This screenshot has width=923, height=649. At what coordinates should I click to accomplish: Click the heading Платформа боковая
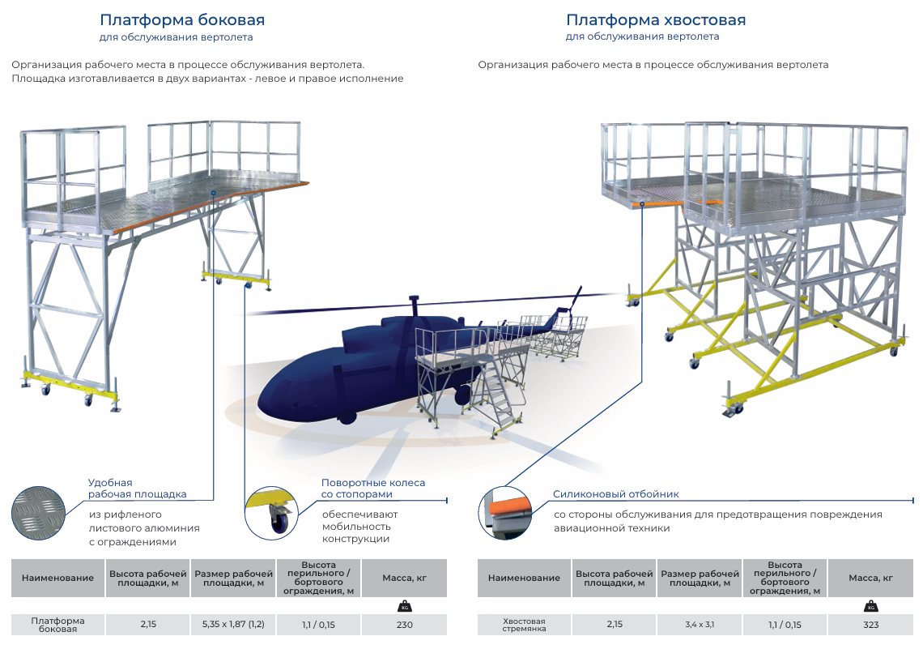tap(182, 19)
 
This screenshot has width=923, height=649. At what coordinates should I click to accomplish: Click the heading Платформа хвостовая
tap(656, 19)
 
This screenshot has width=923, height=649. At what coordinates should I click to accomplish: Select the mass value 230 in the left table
tap(404, 625)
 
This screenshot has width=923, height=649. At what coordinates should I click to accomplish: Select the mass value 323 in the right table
tap(870, 625)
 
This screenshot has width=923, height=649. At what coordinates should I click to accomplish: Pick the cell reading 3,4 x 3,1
tap(700, 625)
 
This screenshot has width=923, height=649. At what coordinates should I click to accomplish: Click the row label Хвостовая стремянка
tap(524, 625)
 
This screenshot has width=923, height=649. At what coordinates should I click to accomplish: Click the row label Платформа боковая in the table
tap(57, 625)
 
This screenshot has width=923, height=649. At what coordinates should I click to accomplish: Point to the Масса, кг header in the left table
tap(404, 578)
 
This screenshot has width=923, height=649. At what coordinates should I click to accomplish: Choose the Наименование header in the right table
tap(524, 578)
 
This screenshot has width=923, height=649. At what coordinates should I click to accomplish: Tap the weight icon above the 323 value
tap(871, 606)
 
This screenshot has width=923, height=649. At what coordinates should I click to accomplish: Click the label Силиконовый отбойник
tap(615, 493)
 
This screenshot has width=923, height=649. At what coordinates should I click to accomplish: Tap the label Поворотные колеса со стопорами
tap(372, 488)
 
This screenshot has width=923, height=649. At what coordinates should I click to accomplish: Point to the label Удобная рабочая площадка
tap(137, 488)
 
